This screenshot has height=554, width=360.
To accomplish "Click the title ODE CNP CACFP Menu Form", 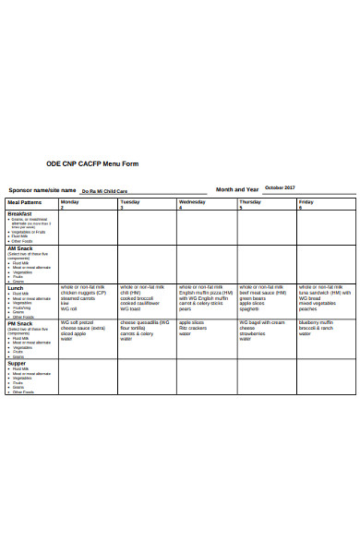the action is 104,163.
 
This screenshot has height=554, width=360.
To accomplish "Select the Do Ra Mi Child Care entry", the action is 118,191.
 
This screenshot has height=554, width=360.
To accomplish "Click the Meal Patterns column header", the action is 25,201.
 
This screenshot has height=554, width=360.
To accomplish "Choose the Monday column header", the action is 70,201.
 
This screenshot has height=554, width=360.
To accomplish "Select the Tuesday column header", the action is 130,201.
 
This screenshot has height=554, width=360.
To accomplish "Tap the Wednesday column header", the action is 192,201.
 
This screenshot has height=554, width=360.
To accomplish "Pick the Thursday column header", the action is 250,201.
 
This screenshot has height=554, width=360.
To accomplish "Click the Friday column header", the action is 306,201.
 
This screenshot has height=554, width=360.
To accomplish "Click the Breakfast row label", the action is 20,213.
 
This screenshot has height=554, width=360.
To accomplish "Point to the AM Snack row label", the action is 20,248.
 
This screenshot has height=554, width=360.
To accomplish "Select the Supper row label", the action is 18,363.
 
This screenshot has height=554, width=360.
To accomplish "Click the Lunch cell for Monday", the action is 87,301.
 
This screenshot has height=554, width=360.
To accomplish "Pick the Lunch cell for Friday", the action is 325,301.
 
